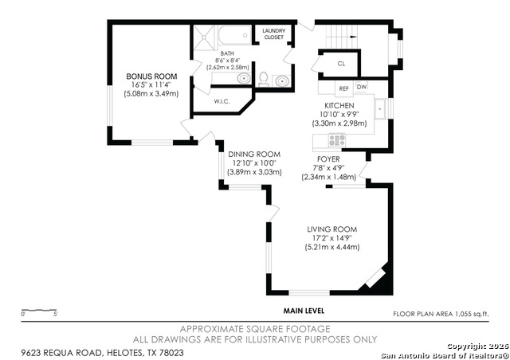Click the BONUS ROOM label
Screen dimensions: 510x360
click(151, 76)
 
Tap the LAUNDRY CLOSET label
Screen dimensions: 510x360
click(274, 33)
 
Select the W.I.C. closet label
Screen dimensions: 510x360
click(222, 101)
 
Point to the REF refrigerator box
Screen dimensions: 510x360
click(343, 88)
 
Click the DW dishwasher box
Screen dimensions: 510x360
click(362, 87)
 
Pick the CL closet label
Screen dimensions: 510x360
click(341, 64)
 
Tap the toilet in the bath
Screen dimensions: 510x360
click(264, 80)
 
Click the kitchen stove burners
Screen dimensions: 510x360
click(337, 140)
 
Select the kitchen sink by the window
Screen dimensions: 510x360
click(379, 109)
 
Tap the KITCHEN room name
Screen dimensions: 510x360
click(339, 106)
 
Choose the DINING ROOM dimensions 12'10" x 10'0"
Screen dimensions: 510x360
click(254, 163)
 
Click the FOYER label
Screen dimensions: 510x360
click(328, 159)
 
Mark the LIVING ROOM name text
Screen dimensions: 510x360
click(332, 229)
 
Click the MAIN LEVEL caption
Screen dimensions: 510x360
click(304, 311)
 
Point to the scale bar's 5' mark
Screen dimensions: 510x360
click(56, 314)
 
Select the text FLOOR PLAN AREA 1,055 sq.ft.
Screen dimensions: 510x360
click(441, 314)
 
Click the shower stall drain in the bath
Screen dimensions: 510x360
click(204, 37)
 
